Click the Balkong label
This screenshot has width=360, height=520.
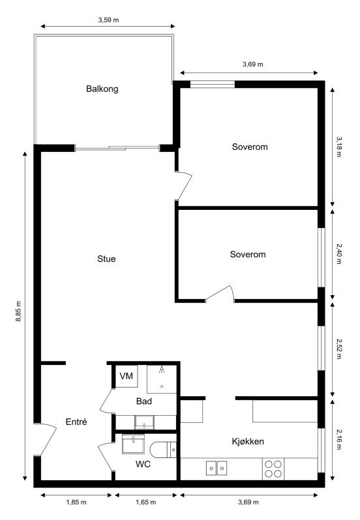click(102, 89)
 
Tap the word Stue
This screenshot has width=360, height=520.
click(106, 259)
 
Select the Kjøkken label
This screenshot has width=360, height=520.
click(248, 441)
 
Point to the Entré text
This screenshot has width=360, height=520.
click(76, 422)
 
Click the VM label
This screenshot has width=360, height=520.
click(127, 377)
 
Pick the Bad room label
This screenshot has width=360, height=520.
click(144, 401)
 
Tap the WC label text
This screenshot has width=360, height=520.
click(143, 465)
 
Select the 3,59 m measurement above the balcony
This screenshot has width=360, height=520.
click(108, 20)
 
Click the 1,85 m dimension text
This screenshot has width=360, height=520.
click(76, 502)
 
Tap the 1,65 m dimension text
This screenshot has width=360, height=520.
click(146, 502)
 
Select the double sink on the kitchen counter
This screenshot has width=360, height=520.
click(217, 467)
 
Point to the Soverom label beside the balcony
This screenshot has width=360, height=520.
click(250, 147)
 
